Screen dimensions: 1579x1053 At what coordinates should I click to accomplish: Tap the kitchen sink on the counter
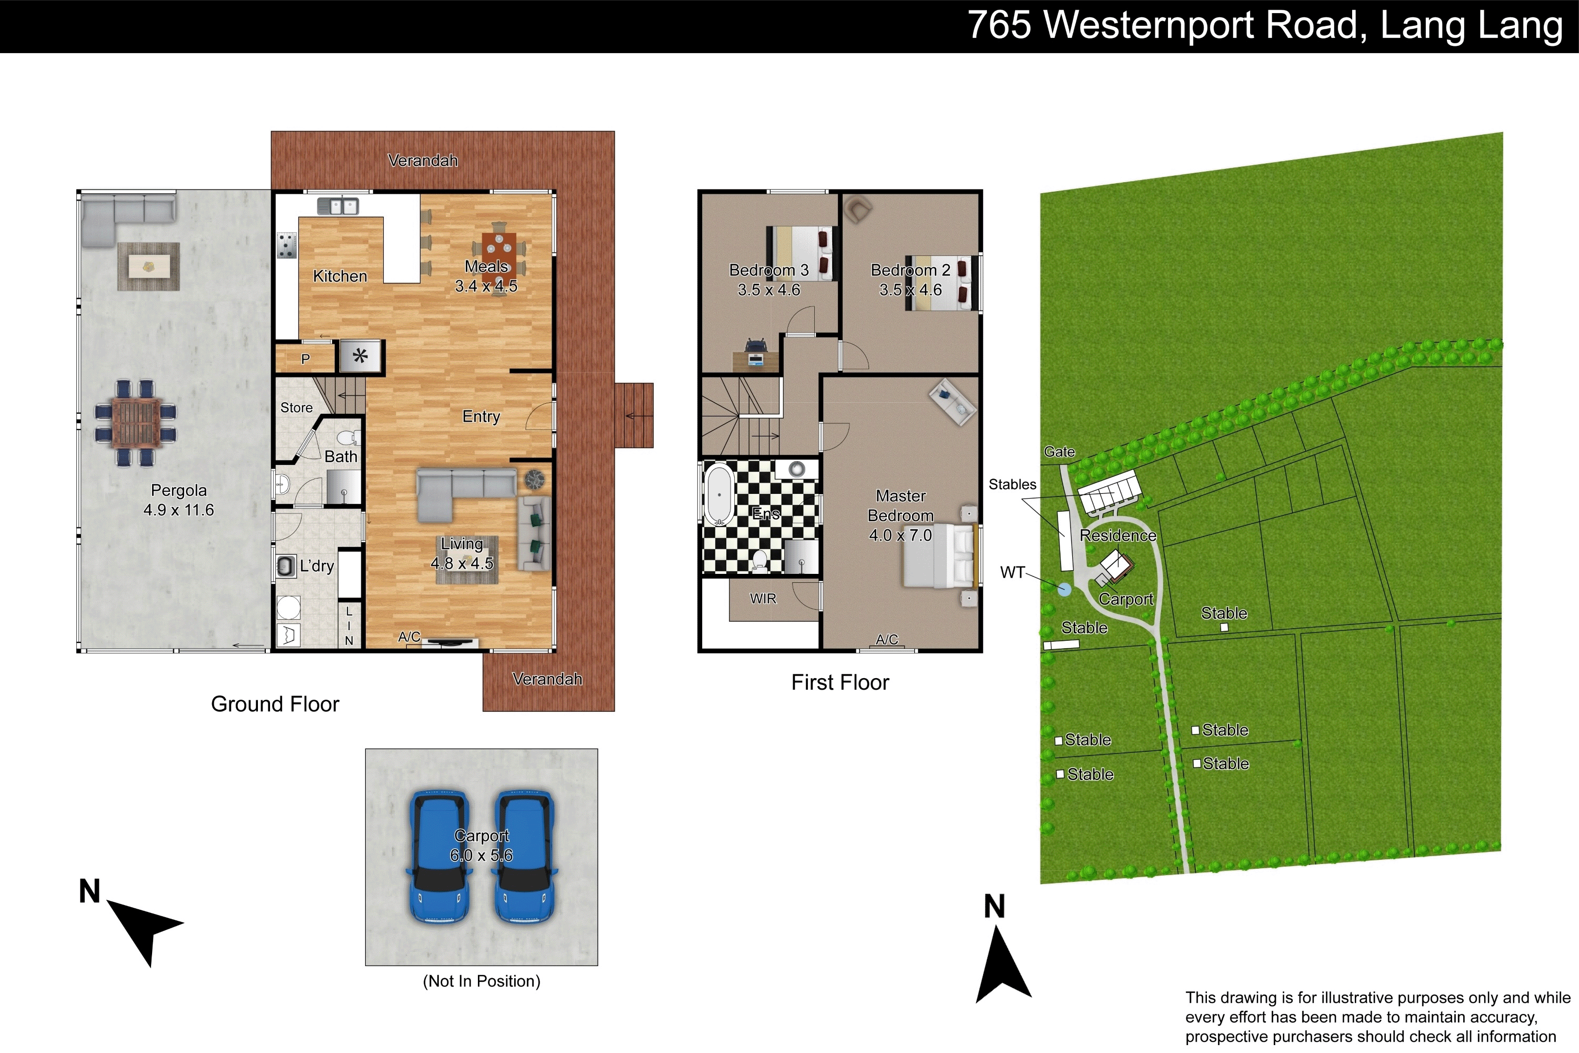tap(338, 206)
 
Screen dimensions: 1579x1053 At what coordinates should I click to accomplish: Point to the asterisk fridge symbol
tap(361, 356)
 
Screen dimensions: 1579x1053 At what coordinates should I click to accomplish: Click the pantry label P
tap(305, 359)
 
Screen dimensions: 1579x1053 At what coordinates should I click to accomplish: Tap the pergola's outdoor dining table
tap(137, 423)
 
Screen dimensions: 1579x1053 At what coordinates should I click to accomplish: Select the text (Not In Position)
tap(482, 981)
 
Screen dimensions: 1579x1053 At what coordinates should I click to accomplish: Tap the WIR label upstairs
tap(763, 598)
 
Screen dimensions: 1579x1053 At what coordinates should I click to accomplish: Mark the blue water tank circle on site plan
tap(1064, 590)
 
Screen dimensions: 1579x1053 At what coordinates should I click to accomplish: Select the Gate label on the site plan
tap(1060, 452)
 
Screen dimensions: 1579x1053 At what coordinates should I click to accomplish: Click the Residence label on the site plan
tap(1118, 535)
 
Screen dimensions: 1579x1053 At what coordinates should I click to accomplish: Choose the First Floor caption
tap(840, 682)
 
